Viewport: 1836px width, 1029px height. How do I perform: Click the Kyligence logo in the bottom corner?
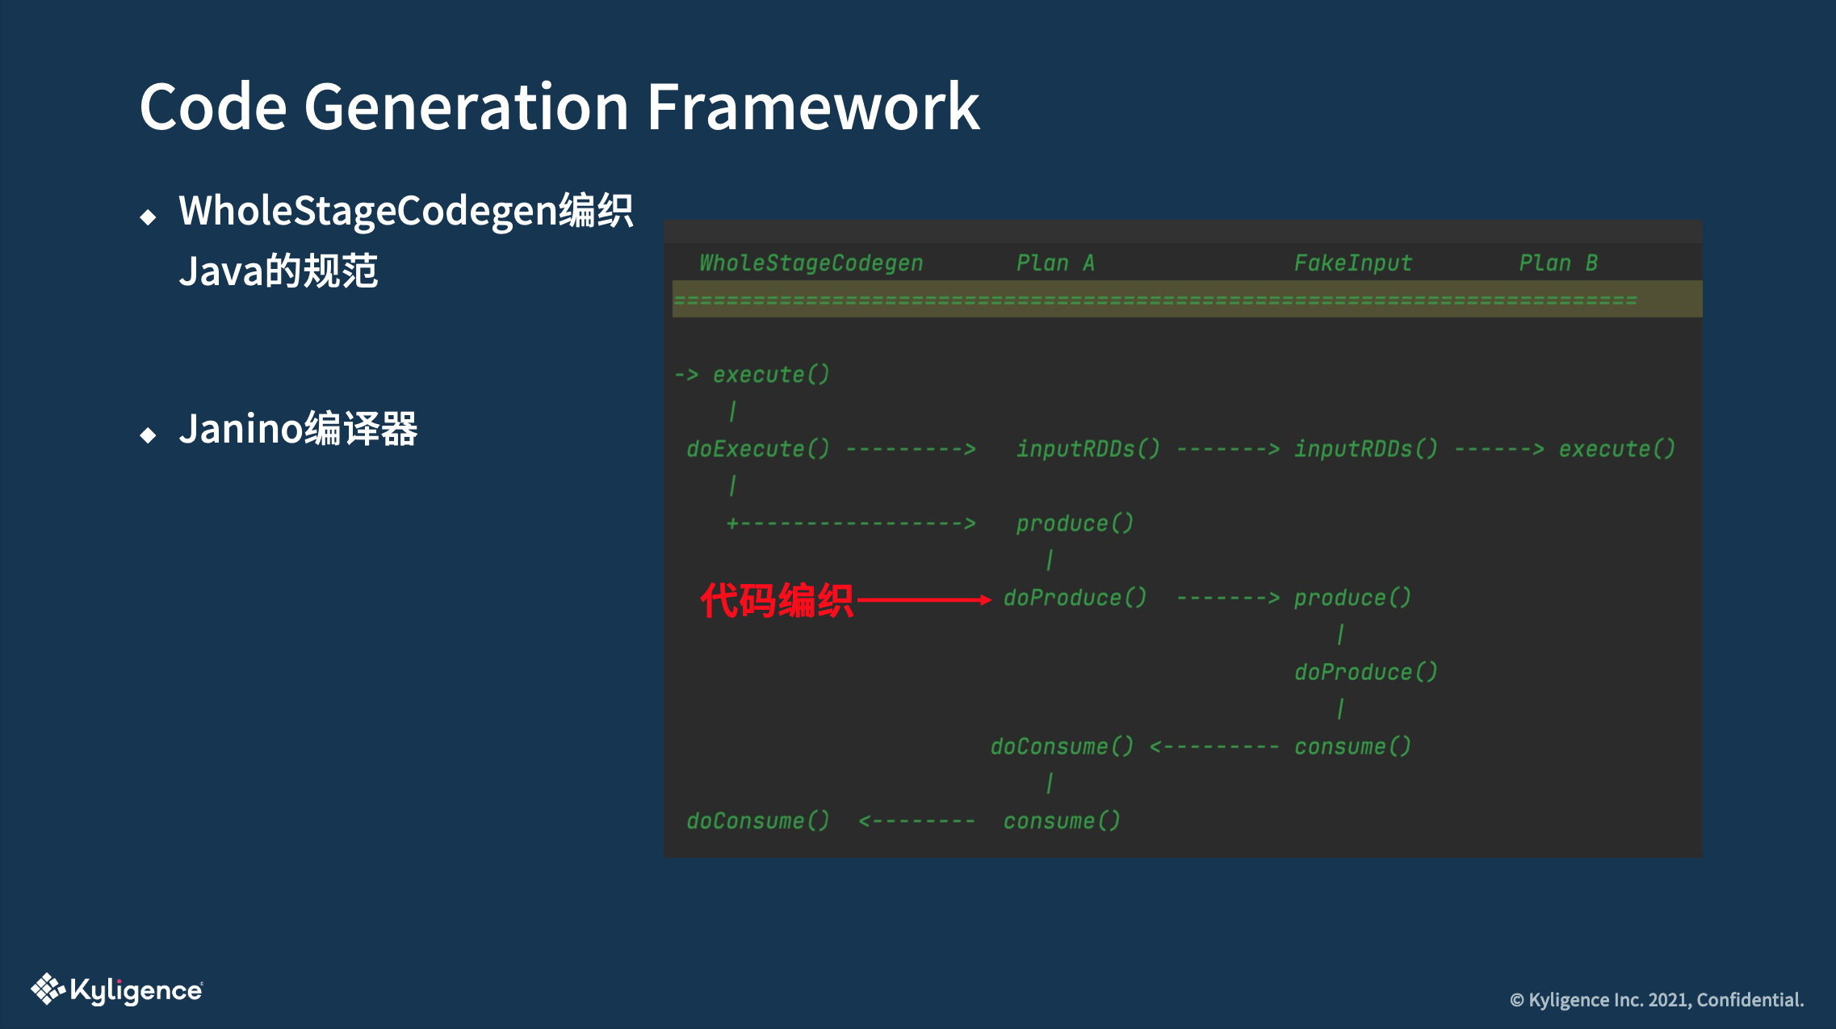pyautogui.click(x=117, y=989)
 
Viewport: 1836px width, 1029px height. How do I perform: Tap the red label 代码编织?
pyautogui.click(x=776, y=600)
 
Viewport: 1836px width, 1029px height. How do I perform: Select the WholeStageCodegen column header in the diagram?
pyautogui.click(x=811, y=262)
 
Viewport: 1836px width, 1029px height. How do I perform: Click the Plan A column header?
pyautogui.click(x=1054, y=262)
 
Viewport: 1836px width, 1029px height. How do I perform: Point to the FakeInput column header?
pyautogui.click(x=1352, y=262)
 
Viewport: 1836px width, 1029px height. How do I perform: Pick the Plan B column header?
pyautogui.click(x=1557, y=262)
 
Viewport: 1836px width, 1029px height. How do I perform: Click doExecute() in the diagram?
pyautogui.click(x=757, y=448)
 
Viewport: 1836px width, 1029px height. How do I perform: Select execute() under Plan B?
pyautogui.click(x=1616, y=448)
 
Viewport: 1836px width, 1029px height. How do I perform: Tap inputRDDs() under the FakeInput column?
pyautogui.click(x=1365, y=448)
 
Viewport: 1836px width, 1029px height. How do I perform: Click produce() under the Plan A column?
pyautogui.click(x=1074, y=523)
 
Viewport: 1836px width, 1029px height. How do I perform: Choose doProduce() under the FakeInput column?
pyautogui.click(x=1365, y=672)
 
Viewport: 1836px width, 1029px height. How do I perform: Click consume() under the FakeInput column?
pyautogui.click(x=1352, y=746)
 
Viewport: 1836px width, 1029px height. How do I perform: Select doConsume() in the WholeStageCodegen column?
pyautogui.click(x=757, y=821)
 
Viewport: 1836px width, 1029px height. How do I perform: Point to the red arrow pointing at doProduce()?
pyautogui.click(x=924, y=599)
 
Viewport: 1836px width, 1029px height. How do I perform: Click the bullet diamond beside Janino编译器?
pyautogui.click(x=148, y=435)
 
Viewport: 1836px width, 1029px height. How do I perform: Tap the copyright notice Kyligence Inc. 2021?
pyautogui.click(x=1657, y=1000)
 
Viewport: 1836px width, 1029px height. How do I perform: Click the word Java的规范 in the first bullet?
pyautogui.click(x=279, y=271)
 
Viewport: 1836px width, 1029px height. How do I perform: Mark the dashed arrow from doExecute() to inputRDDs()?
pyautogui.click(x=911, y=449)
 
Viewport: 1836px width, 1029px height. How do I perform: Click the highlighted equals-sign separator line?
pyautogui.click(x=1155, y=300)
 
